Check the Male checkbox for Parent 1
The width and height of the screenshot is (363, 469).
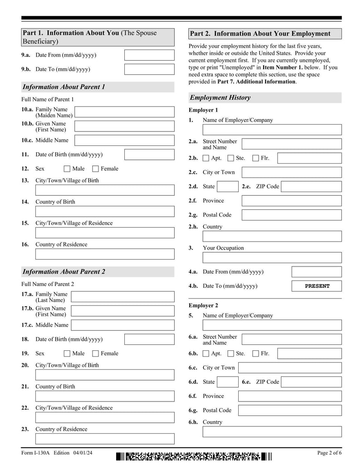[x=67, y=169]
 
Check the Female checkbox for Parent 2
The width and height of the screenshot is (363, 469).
[x=95, y=354]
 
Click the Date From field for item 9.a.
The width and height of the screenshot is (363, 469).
[x=149, y=55]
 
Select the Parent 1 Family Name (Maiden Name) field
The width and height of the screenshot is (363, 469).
[x=124, y=112]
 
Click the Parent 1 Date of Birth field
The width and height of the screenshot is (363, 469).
[x=149, y=155]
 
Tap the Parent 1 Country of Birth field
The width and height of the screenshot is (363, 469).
[x=104, y=212]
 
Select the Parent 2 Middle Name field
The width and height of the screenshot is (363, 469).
[x=123, y=325]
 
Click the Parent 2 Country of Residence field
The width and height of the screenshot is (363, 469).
[x=104, y=439]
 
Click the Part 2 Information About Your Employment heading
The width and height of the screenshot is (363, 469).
[x=265, y=34]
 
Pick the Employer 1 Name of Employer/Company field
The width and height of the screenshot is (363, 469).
[x=272, y=130]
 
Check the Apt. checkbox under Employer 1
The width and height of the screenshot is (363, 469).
[x=206, y=158]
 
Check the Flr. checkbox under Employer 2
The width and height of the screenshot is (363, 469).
[x=255, y=354]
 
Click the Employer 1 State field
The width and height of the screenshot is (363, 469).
[x=227, y=187]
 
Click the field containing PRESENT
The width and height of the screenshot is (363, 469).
[x=316, y=286]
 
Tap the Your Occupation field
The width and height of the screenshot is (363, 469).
[x=272, y=258]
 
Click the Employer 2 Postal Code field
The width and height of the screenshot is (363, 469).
[x=289, y=411]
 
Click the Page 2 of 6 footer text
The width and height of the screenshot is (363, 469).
[x=329, y=453]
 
